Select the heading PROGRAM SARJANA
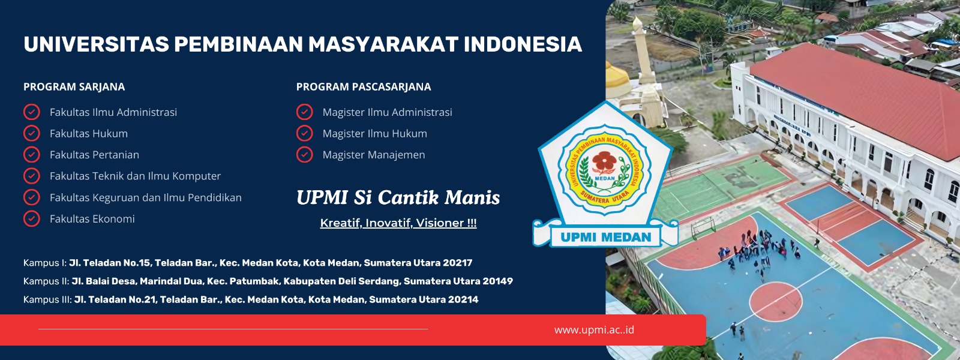(x=74, y=87)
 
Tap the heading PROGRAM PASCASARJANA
(x=363, y=87)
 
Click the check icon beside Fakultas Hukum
(x=31, y=133)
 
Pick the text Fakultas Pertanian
(x=94, y=155)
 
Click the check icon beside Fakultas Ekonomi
(x=31, y=218)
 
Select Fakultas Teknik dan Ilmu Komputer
(x=135, y=176)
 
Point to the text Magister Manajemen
(x=373, y=155)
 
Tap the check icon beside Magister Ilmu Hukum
(x=304, y=133)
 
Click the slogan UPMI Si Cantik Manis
(x=398, y=197)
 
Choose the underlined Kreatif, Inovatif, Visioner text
(x=398, y=223)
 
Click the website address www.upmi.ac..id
(x=593, y=329)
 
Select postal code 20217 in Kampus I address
(x=457, y=263)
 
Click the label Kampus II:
(x=46, y=281)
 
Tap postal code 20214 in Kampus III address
(x=463, y=299)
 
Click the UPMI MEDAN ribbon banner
(x=605, y=236)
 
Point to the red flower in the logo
(x=604, y=162)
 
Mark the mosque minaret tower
(x=641, y=60)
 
